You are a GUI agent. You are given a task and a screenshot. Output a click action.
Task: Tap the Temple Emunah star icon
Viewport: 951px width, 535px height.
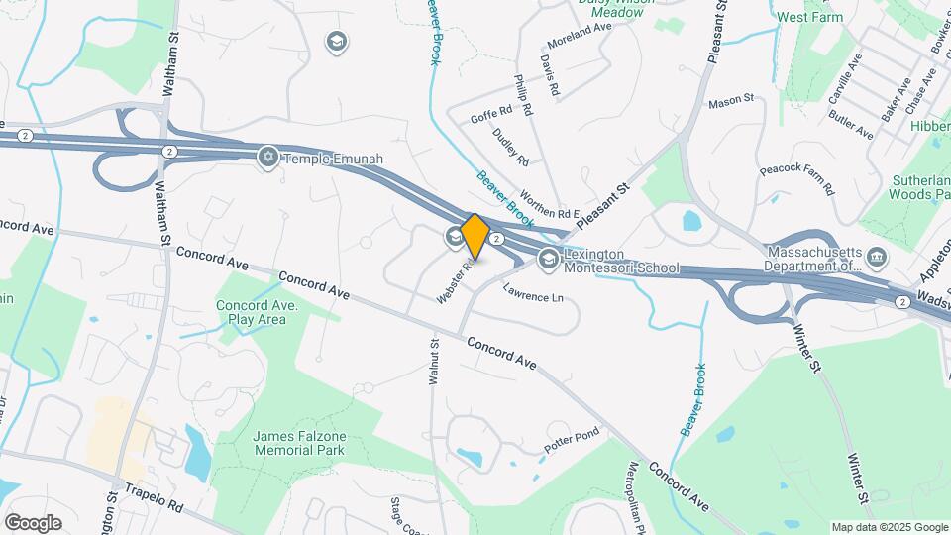266,157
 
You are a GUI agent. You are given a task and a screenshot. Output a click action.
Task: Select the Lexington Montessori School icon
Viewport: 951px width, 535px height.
548,260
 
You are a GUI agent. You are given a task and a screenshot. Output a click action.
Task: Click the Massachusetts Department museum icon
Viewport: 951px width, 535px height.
877,260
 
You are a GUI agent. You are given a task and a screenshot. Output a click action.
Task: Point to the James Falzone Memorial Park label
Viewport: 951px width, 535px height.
298,443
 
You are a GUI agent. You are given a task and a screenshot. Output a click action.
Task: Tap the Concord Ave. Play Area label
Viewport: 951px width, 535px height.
252,312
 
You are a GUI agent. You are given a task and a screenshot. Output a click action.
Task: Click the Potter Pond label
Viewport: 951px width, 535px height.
572,443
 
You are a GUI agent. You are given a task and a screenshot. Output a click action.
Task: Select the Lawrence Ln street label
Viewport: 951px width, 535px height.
532,295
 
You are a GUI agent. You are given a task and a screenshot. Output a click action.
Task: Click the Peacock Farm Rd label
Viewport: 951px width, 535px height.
796,177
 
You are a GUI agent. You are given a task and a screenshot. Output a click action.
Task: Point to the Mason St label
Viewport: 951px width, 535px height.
731,101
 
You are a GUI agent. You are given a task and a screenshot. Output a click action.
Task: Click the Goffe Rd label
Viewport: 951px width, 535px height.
490,116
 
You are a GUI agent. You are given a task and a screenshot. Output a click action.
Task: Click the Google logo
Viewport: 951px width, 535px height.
33,522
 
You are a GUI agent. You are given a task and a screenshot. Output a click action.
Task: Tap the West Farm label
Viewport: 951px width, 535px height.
810,17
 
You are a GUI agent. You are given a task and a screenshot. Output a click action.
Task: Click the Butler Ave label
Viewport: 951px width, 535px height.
851,126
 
